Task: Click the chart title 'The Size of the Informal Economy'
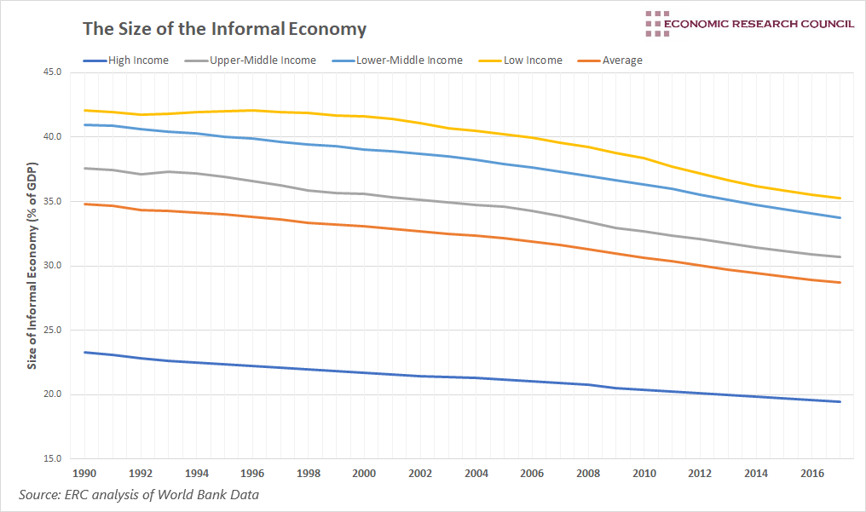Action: pos(224,29)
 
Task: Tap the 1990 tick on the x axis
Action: pos(84,473)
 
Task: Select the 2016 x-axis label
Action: pos(813,473)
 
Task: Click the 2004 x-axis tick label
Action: pos(476,473)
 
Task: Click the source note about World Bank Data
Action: pos(139,494)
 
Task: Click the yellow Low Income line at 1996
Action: pos(252,110)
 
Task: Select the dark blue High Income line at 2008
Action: pos(588,384)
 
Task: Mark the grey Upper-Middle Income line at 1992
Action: pos(141,174)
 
